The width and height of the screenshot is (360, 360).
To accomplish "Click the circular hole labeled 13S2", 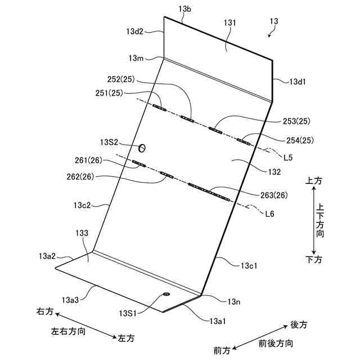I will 142,148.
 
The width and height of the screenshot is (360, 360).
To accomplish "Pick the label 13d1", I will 298,82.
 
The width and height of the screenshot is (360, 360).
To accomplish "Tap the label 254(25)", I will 299,139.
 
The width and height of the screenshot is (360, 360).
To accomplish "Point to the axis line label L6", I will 271,214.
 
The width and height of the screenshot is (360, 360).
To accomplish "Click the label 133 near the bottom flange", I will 82,232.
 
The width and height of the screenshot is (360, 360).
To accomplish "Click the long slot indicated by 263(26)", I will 209,192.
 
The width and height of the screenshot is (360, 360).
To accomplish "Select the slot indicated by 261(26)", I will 139,164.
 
